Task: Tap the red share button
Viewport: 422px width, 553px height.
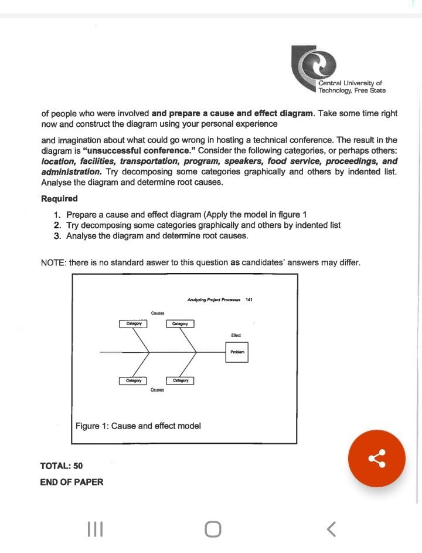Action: click(x=376, y=458)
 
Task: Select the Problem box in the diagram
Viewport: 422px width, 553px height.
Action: click(x=237, y=352)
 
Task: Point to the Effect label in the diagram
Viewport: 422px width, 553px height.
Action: click(x=236, y=335)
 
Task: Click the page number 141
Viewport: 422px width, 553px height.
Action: click(x=249, y=299)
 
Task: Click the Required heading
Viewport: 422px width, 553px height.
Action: click(x=60, y=198)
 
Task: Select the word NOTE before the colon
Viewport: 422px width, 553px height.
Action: click(x=52, y=262)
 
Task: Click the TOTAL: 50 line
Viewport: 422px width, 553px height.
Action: click(x=62, y=466)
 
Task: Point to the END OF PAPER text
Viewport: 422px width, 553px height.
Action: click(x=72, y=482)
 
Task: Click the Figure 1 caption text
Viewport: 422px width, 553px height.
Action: click(x=138, y=426)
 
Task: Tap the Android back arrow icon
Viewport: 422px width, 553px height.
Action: click(x=331, y=530)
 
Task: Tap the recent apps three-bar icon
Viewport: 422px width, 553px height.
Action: click(x=94, y=530)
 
